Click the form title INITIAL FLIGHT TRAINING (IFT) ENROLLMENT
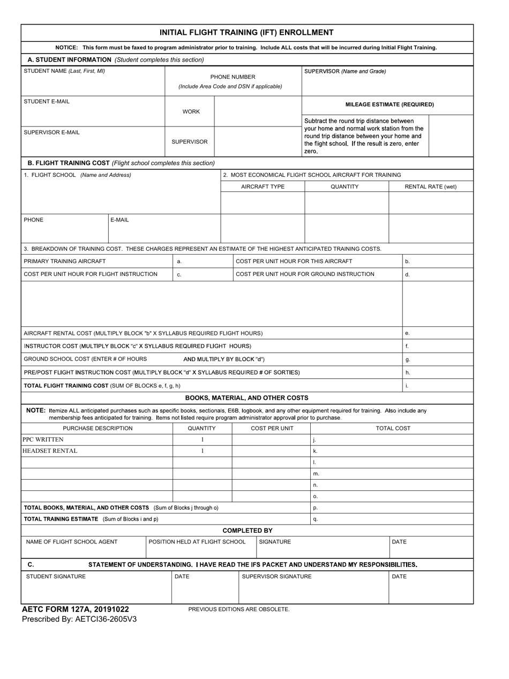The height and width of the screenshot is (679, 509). click(x=246, y=33)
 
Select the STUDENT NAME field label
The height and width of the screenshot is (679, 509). click(x=64, y=71)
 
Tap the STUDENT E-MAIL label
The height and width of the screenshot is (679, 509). click(x=47, y=101)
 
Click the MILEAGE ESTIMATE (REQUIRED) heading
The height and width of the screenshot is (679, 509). click(x=390, y=105)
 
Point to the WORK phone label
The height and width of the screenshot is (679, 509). click(x=191, y=111)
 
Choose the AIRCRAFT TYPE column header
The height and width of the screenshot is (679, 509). click(x=263, y=186)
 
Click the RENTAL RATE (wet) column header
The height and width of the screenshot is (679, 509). click(x=431, y=186)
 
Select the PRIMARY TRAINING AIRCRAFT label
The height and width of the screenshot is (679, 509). click(x=65, y=261)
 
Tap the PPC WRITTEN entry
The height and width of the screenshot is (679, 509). click(x=43, y=439)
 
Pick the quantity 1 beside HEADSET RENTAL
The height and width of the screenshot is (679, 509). click(x=203, y=451)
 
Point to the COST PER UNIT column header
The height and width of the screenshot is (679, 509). click(x=272, y=428)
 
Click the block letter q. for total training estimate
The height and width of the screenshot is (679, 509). click(x=316, y=519)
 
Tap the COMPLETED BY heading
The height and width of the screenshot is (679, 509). click(x=248, y=531)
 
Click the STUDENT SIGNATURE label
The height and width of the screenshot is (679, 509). click(x=56, y=577)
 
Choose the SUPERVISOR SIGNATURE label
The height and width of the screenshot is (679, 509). click(x=276, y=577)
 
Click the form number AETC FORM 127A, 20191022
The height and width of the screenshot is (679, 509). click(x=75, y=609)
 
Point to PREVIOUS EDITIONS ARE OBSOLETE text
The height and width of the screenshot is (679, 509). click(x=239, y=609)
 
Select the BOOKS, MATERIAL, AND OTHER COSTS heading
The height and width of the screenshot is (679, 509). click(x=246, y=398)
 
